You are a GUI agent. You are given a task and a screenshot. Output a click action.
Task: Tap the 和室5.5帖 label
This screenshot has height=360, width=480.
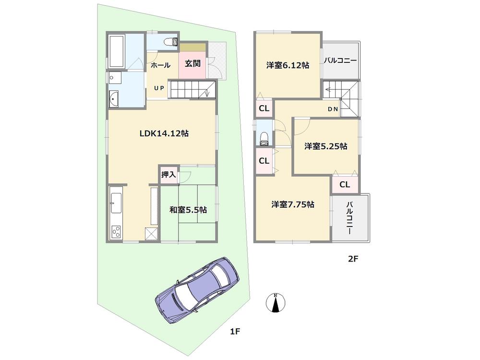[x=188, y=210]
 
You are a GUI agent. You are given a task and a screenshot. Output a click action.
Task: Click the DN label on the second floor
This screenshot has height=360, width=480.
[x=333, y=109]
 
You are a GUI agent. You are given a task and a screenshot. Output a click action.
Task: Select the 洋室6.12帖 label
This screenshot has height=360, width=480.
[x=288, y=65]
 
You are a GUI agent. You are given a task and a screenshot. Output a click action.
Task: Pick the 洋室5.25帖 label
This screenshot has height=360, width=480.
[x=325, y=147]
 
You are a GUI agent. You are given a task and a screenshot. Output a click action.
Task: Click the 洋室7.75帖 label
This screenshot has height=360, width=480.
[x=293, y=204]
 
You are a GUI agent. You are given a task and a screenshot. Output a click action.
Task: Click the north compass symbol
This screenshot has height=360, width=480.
[x=276, y=303]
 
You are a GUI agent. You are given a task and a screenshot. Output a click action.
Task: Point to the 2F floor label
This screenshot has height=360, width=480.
[x=353, y=260]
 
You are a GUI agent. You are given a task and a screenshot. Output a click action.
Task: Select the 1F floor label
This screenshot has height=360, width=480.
[x=234, y=331]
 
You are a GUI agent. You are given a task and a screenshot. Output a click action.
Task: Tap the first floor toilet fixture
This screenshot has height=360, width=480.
[x=169, y=42]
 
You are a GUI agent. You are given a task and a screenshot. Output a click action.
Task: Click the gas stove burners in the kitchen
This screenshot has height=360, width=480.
[x=117, y=232]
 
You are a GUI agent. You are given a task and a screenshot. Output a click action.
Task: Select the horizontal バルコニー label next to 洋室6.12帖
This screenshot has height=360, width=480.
[x=340, y=61]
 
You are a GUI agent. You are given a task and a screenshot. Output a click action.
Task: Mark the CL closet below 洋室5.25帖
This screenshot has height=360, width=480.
[x=345, y=184]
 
